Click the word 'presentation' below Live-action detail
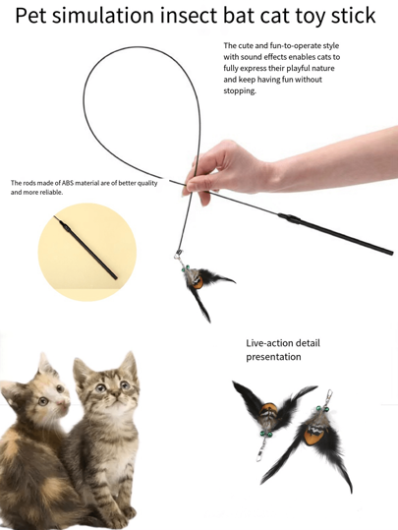(273, 357)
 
